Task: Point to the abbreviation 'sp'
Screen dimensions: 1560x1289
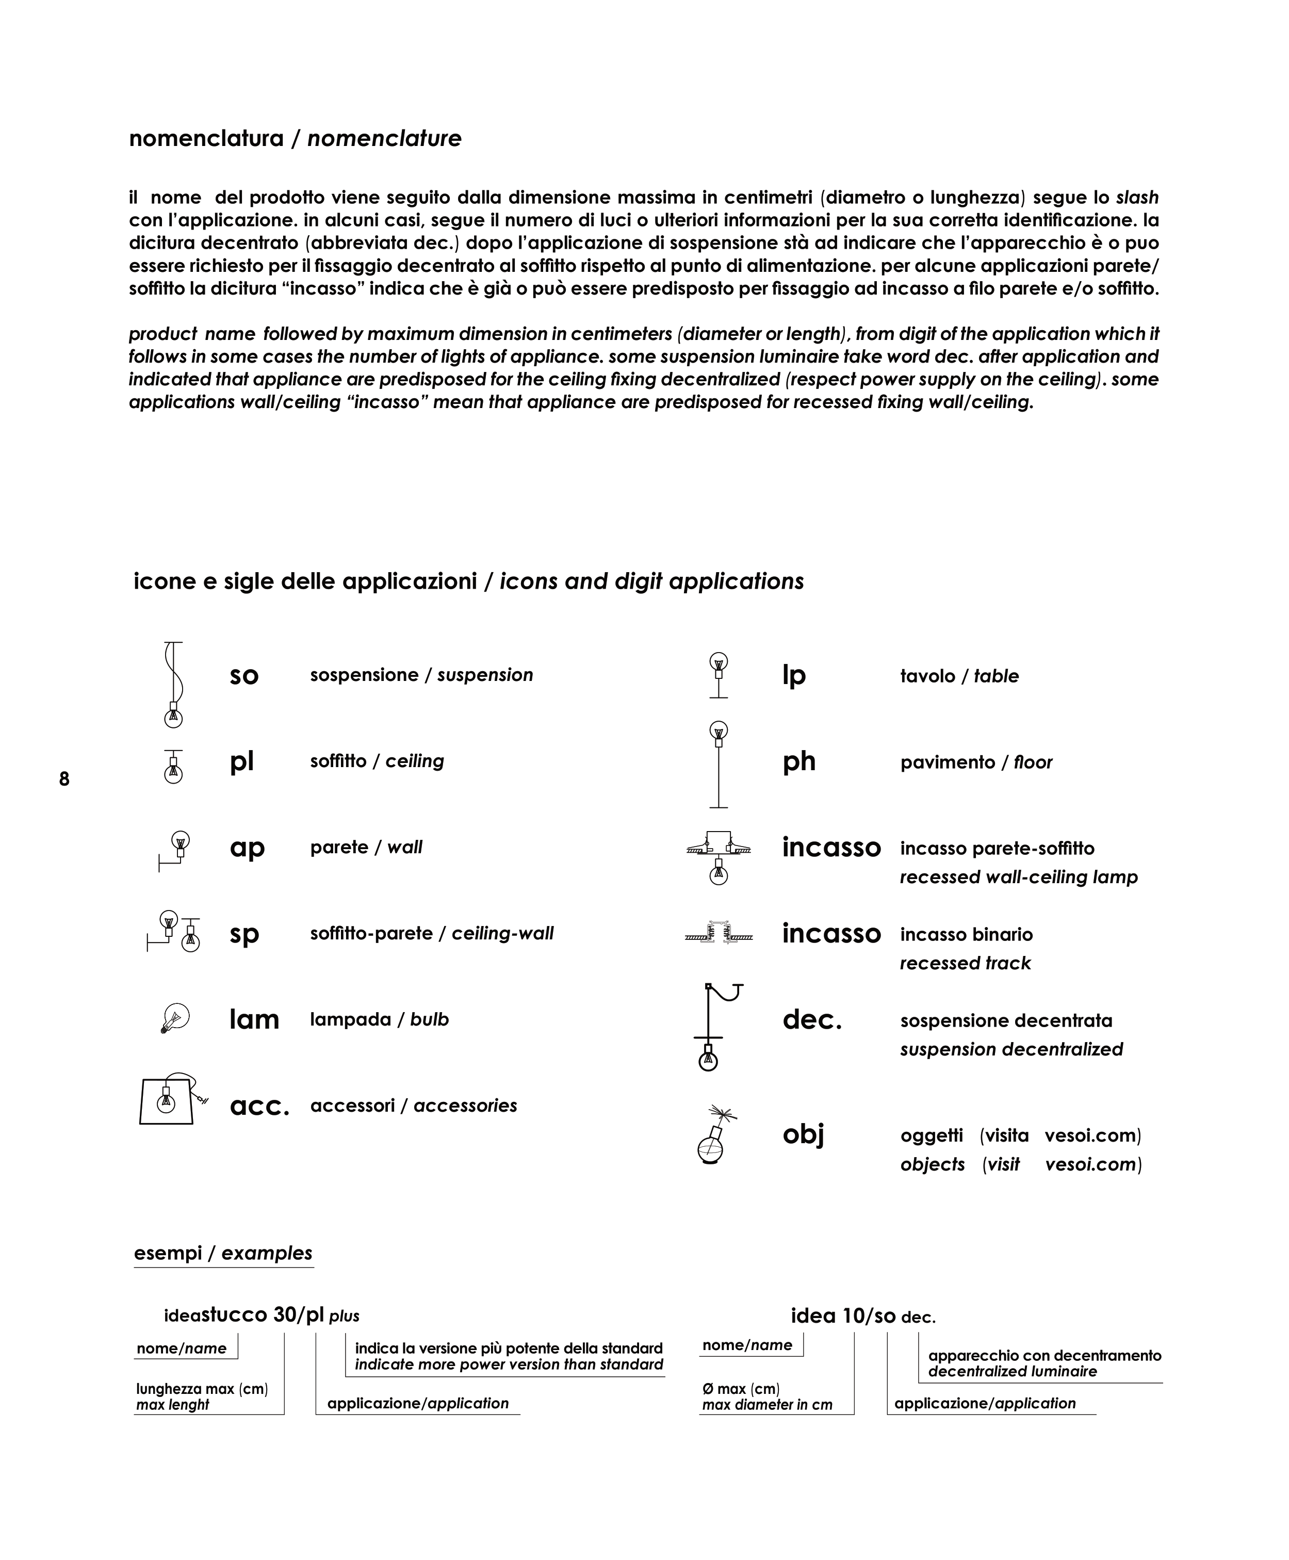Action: [x=244, y=934]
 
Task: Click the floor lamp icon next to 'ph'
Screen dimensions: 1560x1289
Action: [x=718, y=763]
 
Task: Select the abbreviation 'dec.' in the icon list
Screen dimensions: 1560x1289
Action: [x=811, y=1020]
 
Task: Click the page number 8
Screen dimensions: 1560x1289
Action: [x=64, y=779]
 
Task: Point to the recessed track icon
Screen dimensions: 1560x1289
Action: [x=718, y=934]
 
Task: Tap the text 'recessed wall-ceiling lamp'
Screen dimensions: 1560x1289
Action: [x=1018, y=877]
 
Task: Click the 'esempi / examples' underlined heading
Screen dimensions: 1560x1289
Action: [x=223, y=1254]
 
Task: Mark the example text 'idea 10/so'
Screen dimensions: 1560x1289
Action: [x=843, y=1315]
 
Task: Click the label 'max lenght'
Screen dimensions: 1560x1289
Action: [x=173, y=1405]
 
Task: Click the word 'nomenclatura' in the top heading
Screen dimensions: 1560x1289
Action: [x=206, y=139]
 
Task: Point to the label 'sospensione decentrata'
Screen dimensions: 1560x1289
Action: [x=1006, y=1021]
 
